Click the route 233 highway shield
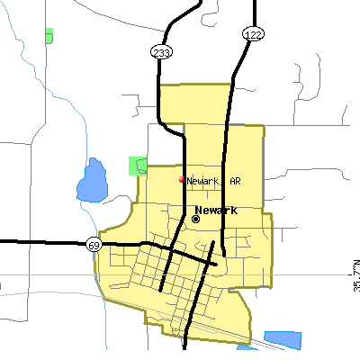pyautogui.click(x=160, y=53)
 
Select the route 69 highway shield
pyautogui.click(x=94, y=244)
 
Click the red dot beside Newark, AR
pyautogui.click(x=182, y=179)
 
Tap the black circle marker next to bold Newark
pyautogui.click(x=196, y=218)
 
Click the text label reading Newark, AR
pyautogui.click(x=213, y=181)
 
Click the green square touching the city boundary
pyautogui.click(x=137, y=166)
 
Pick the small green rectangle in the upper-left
pyautogui.click(x=48, y=35)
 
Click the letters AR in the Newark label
pyautogui.click(x=235, y=181)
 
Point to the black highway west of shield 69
pyautogui.click(x=40, y=242)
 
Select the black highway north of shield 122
pyautogui.click(x=256, y=11)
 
